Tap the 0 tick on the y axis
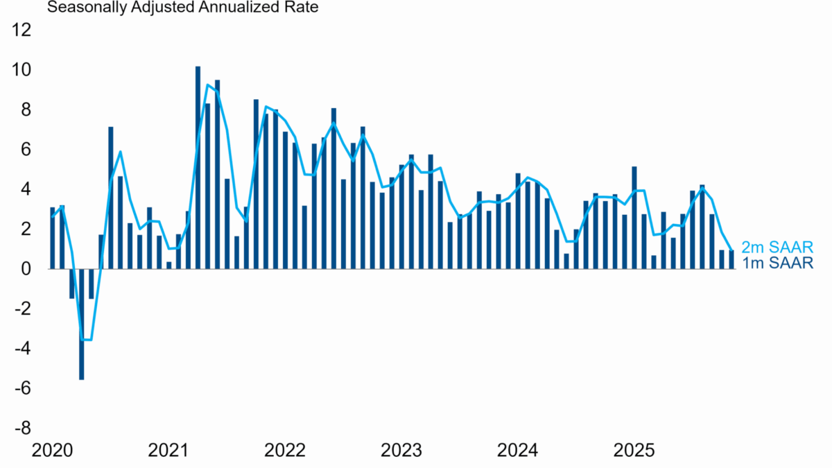coord(27,268)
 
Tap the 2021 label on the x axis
coord(168,451)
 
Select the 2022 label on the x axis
coord(284,451)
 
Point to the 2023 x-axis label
coord(401,451)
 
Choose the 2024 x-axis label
coord(517,451)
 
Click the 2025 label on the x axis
coord(634,451)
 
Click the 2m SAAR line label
coord(777,248)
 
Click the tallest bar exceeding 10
coord(198,167)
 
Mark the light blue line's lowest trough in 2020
coord(86,340)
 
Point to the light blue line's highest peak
coord(207,85)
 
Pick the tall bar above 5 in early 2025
coord(634,217)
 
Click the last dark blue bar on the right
coord(731,259)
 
